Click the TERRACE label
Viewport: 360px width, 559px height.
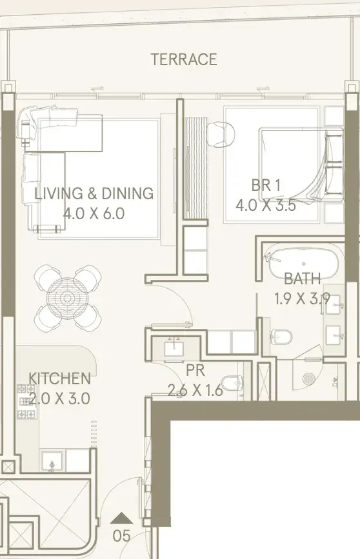pos(184,59)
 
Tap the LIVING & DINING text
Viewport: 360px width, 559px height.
pos(94,193)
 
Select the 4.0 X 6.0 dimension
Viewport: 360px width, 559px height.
pos(94,213)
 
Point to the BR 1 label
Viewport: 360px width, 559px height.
pos(266,186)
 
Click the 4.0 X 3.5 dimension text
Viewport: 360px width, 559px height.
pos(266,205)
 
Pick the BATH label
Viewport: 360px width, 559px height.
pos(303,279)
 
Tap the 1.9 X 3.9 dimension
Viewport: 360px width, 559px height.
pos(302,299)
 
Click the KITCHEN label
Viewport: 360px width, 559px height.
pos(59,378)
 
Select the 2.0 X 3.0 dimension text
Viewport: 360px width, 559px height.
pos(59,398)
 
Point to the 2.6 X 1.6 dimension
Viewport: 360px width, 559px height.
pos(195,391)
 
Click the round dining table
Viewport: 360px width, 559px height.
pos(67,298)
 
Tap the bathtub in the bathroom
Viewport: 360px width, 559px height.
pos(303,263)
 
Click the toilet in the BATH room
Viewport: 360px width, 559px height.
pos(281,337)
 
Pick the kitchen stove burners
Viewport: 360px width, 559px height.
pos(26,402)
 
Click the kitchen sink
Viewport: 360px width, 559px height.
pos(52,462)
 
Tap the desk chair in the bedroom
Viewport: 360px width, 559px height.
pos(221,134)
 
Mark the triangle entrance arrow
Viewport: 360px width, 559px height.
pos(122,518)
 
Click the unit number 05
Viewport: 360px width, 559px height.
pos(122,536)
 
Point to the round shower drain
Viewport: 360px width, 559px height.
pos(308,379)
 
